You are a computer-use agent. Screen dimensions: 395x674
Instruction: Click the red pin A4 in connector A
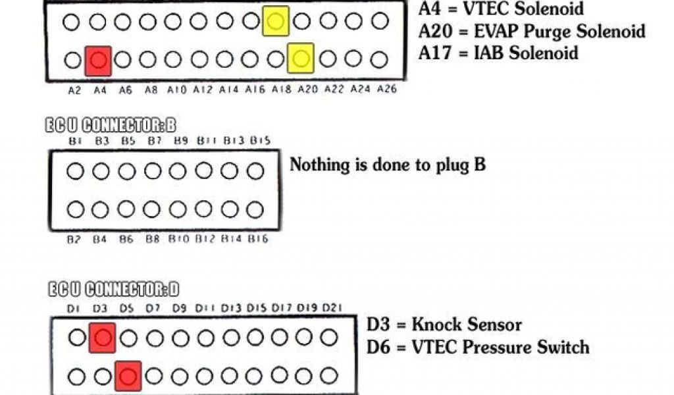point(98,61)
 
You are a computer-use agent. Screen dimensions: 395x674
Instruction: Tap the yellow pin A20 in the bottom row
point(301,60)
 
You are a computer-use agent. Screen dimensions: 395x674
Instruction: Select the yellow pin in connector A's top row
point(276,21)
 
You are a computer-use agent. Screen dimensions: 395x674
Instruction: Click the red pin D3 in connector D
point(102,338)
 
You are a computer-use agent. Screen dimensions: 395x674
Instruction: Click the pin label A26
point(387,89)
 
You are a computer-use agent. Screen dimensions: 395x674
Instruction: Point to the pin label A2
point(74,89)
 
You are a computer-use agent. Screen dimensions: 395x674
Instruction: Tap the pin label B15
point(260,141)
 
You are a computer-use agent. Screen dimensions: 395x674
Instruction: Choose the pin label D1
point(74,308)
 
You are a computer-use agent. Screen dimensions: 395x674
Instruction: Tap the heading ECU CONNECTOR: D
point(113,289)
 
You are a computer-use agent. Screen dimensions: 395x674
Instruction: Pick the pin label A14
point(229,89)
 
